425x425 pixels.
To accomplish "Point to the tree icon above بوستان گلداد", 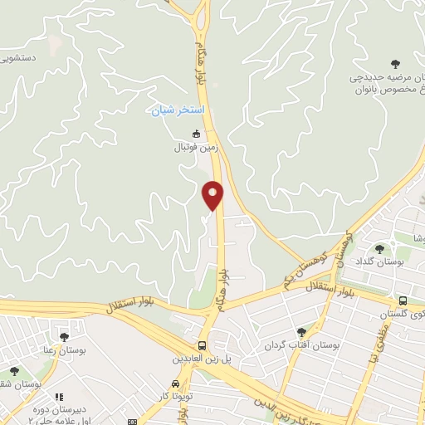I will click(x=379, y=248).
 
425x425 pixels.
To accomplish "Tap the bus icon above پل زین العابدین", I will click(x=203, y=345).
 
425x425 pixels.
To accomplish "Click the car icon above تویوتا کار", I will click(x=175, y=384).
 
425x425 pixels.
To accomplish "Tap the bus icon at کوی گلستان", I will click(x=403, y=300).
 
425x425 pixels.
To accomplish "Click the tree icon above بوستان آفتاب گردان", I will click(x=301, y=331).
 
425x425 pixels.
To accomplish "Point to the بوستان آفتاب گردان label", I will click(x=303, y=344).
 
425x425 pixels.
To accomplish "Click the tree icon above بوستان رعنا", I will click(x=64, y=336).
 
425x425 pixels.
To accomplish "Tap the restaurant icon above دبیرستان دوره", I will click(x=58, y=398).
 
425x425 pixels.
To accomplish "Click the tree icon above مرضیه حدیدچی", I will click(x=394, y=63).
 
